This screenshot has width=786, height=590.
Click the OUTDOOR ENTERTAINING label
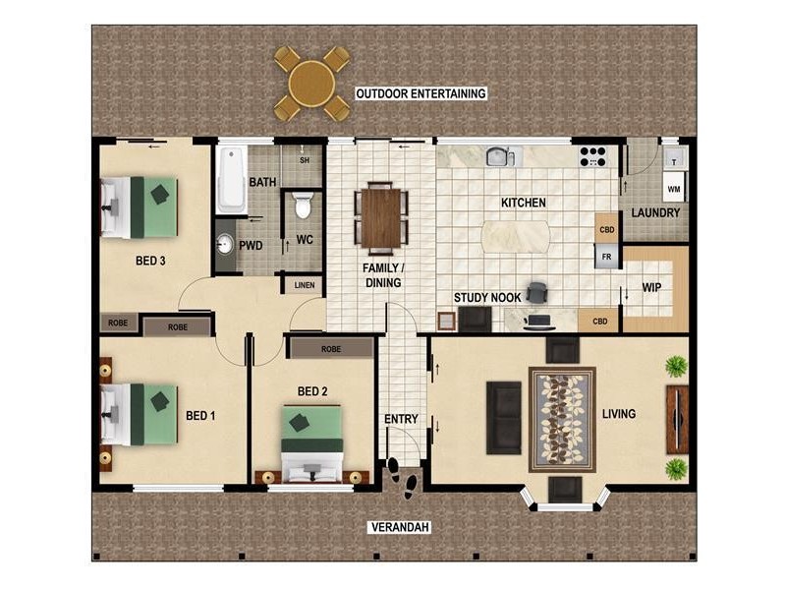click(421, 94)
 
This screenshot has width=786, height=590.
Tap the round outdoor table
click(311, 83)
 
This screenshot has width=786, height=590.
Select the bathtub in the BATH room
click(231, 180)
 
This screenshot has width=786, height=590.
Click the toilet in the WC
click(303, 206)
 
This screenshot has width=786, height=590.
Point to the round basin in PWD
click(225, 244)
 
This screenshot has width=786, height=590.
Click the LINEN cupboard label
click(303, 285)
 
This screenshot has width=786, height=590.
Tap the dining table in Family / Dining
click(380, 217)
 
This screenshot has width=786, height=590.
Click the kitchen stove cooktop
click(592, 156)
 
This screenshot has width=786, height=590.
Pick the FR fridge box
click(606, 256)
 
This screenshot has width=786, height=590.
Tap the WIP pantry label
click(651, 288)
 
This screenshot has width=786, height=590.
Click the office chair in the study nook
click(536, 292)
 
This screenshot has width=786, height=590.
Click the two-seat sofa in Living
click(505, 416)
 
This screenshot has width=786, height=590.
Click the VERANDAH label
click(400, 528)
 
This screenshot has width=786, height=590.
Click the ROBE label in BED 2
click(330, 349)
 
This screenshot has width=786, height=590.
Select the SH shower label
click(305, 160)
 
